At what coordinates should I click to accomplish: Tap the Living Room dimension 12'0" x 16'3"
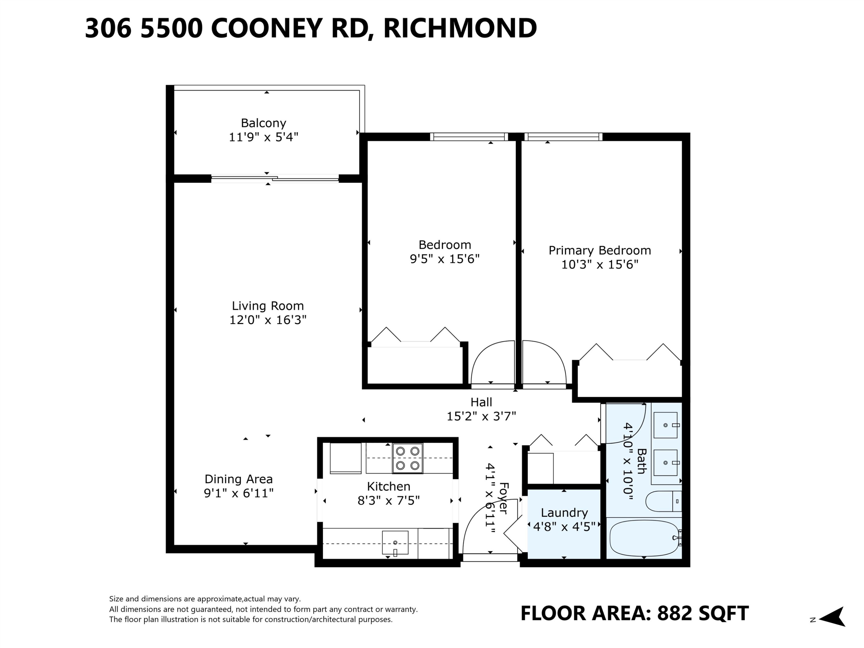pos(268,320)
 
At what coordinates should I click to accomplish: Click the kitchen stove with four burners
pos(408,458)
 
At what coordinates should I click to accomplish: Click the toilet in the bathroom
pos(663,501)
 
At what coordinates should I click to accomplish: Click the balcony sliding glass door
pos(275,179)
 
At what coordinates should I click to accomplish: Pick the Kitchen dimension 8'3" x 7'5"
pos(388,500)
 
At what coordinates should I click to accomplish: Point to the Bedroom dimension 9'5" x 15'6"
pos(444,259)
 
